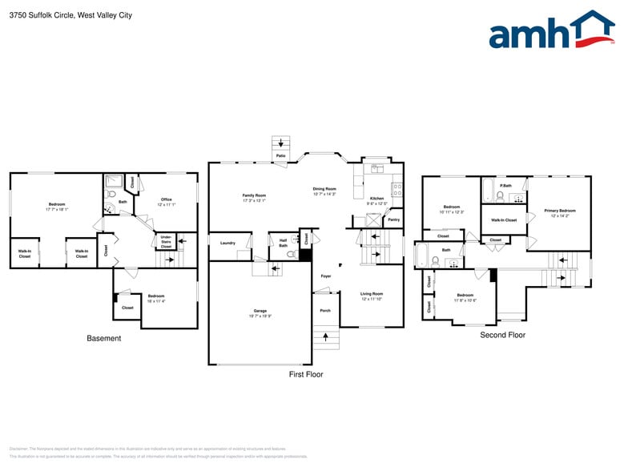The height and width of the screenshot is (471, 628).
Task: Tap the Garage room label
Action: point(260,312)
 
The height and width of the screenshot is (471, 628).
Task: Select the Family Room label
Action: point(254,197)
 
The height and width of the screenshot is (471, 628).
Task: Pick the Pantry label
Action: point(393,219)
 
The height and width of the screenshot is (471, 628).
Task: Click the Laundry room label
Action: point(227,244)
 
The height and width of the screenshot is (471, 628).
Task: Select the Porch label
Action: point(325,310)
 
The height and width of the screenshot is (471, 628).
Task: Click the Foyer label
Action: point(326,276)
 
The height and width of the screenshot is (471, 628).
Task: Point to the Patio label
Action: point(280,155)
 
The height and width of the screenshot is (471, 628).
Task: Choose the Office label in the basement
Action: point(166,201)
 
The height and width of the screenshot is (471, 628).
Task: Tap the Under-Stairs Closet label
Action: point(166,241)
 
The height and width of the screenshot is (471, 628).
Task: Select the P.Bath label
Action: point(506,185)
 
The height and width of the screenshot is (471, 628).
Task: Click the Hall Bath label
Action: point(283,243)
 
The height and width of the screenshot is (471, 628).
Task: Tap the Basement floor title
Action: point(104,338)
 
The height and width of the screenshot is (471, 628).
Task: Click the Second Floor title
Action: point(503,335)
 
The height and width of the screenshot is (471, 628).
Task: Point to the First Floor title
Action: point(306,374)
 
